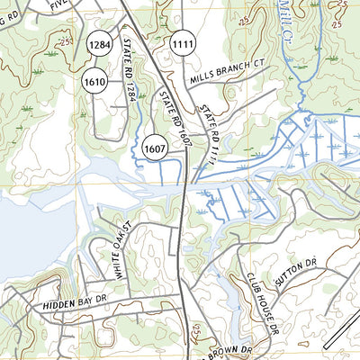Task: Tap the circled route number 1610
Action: click(96, 82)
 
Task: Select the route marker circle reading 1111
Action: click(183, 43)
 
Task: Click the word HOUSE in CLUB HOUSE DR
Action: click(263, 297)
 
